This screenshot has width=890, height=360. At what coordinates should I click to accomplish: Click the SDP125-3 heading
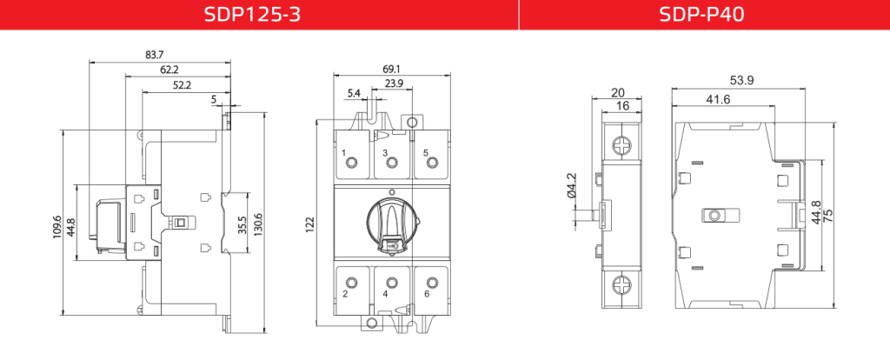pyautogui.click(x=252, y=14)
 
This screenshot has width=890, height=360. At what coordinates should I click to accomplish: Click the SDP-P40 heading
pyautogui.click(x=701, y=14)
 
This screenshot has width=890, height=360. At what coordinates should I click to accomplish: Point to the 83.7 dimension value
pyautogui.click(x=155, y=55)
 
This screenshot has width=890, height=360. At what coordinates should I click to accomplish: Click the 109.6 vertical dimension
pyautogui.click(x=56, y=226)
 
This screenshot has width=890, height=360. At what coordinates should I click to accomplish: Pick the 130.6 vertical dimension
pyautogui.click(x=259, y=224)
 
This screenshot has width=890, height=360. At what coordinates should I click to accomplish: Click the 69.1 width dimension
pyautogui.click(x=392, y=70)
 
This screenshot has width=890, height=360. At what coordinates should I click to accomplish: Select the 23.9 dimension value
pyautogui.click(x=394, y=83)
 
